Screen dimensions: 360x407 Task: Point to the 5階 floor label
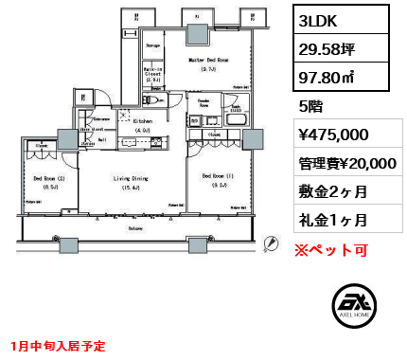click(x=310, y=106)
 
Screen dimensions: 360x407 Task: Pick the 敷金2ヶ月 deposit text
click(x=330, y=191)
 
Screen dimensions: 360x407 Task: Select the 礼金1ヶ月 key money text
click(x=330, y=220)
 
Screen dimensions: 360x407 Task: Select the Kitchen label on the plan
click(x=141, y=122)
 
